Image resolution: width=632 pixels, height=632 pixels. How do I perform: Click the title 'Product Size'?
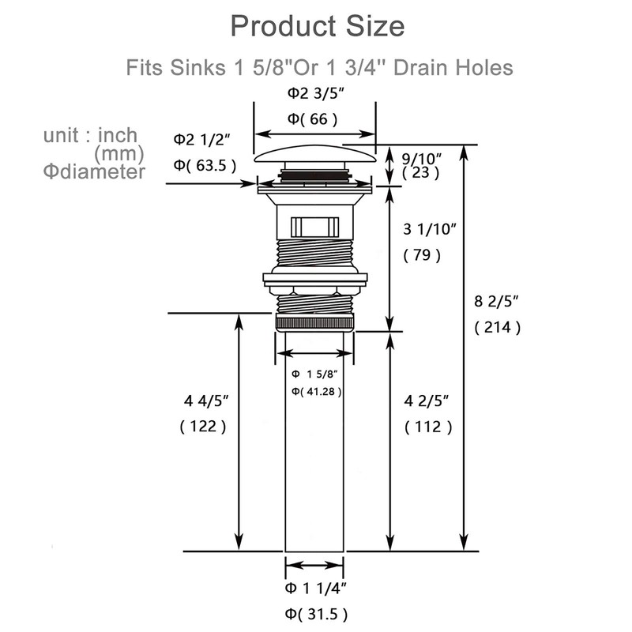click(x=318, y=27)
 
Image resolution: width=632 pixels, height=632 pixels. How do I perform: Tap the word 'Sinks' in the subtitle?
click(x=197, y=67)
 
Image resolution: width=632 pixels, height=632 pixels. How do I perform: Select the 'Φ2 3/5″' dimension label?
click(x=316, y=93)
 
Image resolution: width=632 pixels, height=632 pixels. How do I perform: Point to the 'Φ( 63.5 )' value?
click(x=205, y=165)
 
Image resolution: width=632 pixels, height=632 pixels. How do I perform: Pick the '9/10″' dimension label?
click(x=422, y=159)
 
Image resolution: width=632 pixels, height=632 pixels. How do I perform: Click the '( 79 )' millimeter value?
click(x=422, y=255)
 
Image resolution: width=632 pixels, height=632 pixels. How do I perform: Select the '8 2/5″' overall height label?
click(x=496, y=301)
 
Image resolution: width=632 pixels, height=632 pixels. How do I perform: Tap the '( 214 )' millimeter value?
click(x=498, y=327)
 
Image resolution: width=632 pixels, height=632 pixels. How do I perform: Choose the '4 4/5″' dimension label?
click(x=206, y=401)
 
